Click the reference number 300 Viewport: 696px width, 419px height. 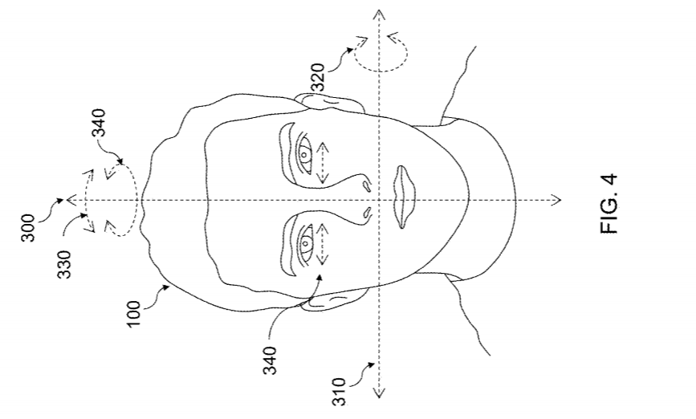pyautogui.click(x=27, y=228)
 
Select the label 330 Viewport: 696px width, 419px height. pyautogui.click(x=64, y=265)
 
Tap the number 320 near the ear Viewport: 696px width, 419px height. pyautogui.click(x=318, y=78)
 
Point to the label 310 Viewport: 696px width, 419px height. pyautogui.click(x=339, y=392)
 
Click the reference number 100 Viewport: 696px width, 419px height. pyautogui.click(x=133, y=314)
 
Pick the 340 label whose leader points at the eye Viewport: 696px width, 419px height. pyautogui.click(x=270, y=360)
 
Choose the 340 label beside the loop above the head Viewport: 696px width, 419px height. pyautogui.click(x=98, y=123)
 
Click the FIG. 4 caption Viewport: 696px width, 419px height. pyautogui.click(x=608, y=204)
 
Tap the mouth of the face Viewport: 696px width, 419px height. pyautogui.click(x=404, y=197)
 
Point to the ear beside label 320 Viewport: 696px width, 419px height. pyautogui.click(x=330, y=103)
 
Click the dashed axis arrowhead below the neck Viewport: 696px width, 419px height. pyautogui.click(x=556, y=201)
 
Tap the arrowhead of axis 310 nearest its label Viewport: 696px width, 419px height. pyautogui.click(x=379, y=393)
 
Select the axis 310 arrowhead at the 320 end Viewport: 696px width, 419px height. pyautogui.click(x=379, y=14)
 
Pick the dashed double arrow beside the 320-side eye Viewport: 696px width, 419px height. pyautogui.click(x=323, y=163)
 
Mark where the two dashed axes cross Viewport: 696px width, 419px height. pyautogui.click(x=379, y=201)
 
